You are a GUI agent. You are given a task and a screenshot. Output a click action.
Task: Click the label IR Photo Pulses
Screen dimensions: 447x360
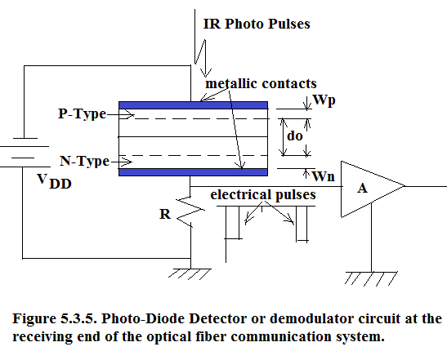coord(257,24)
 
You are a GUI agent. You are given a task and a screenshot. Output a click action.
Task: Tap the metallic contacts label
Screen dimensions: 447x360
coord(261,83)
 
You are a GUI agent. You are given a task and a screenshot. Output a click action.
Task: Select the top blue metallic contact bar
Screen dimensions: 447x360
coord(194,105)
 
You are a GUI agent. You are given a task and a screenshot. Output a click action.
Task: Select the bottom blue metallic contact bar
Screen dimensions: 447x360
coord(194,172)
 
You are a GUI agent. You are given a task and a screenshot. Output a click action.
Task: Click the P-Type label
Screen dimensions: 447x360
coord(82,113)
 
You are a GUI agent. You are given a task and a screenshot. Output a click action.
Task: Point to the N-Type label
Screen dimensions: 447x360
coord(84,161)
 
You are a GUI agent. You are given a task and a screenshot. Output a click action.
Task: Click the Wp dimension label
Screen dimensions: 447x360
coord(324,100)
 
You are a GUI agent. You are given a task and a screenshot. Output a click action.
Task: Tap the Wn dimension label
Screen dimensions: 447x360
coord(324,176)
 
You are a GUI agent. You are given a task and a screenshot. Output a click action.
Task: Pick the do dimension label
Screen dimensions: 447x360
coord(295,136)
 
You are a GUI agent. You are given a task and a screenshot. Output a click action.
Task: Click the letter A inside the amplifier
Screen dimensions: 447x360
coord(362,189)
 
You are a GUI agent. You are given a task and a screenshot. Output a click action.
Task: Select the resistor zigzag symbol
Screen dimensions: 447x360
coord(190,211)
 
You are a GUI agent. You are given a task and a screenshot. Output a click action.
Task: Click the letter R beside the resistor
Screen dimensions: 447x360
coord(165,214)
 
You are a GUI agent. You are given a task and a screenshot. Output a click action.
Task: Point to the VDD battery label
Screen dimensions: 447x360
coord(54,181)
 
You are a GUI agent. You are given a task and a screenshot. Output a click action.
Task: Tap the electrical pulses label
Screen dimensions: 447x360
coord(263,195)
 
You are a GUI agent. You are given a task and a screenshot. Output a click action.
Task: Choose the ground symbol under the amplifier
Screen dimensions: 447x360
coord(371,278)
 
